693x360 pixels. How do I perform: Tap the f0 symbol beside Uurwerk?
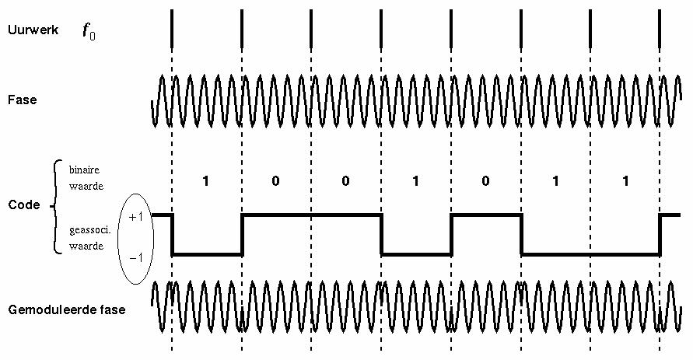click(89, 31)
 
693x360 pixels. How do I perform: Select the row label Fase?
click(22, 100)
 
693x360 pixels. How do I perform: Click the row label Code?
click(23, 205)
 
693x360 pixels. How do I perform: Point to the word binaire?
click(84, 169)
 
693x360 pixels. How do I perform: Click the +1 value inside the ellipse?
click(135, 217)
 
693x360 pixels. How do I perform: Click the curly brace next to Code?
click(54, 206)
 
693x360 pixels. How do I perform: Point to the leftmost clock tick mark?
click(172, 28)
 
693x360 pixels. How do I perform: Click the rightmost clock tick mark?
click(660, 28)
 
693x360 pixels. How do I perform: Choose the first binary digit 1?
click(205, 181)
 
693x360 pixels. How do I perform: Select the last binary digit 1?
click(625, 181)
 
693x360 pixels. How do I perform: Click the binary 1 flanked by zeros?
click(415, 181)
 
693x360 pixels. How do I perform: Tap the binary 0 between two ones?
click(485, 181)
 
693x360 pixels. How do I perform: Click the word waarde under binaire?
click(86, 185)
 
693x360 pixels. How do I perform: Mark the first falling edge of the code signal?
click(172, 234)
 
